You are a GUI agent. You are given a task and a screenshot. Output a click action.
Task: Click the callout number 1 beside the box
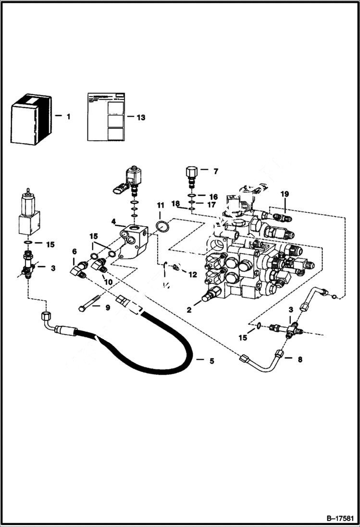tap(68, 116)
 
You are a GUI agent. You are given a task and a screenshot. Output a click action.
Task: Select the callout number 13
tap(141, 117)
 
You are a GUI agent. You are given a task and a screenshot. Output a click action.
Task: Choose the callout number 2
tap(189, 310)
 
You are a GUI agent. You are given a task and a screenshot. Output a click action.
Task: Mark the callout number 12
tap(192, 275)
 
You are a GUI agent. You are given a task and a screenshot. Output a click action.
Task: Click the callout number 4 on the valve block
tap(113, 221)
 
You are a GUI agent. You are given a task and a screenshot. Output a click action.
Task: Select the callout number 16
tap(213, 196)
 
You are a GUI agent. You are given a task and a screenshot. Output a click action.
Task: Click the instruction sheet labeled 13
tap(106, 117)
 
